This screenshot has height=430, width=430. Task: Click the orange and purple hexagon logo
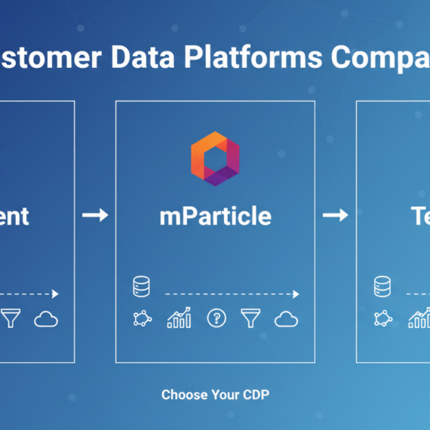[x=215, y=158]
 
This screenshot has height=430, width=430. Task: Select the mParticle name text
[x=215, y=216]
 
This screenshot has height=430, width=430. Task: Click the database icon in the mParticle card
[x=141, y=287]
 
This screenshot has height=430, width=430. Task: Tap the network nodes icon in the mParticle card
[x=141, y=319]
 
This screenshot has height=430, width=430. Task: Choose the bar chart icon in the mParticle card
[x=179, y=318]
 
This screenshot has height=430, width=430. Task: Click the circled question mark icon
[x=217, y=318]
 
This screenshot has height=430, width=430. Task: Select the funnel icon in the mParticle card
[x=250, y=319]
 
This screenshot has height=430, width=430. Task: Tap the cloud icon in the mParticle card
[x=286, y=320]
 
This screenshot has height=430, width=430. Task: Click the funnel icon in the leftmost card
[x=11, y=319]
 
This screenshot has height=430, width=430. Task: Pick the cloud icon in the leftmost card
[x=46, y=320]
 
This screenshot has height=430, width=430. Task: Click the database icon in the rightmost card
[x=382, y=287]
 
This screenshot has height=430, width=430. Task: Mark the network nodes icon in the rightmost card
[x=382, y=319]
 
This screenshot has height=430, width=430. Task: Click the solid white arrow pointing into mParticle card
[x=95, y=216]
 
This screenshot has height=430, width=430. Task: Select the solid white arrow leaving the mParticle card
[x=335, y=216]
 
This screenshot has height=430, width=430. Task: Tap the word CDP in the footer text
[x=256, y=395]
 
